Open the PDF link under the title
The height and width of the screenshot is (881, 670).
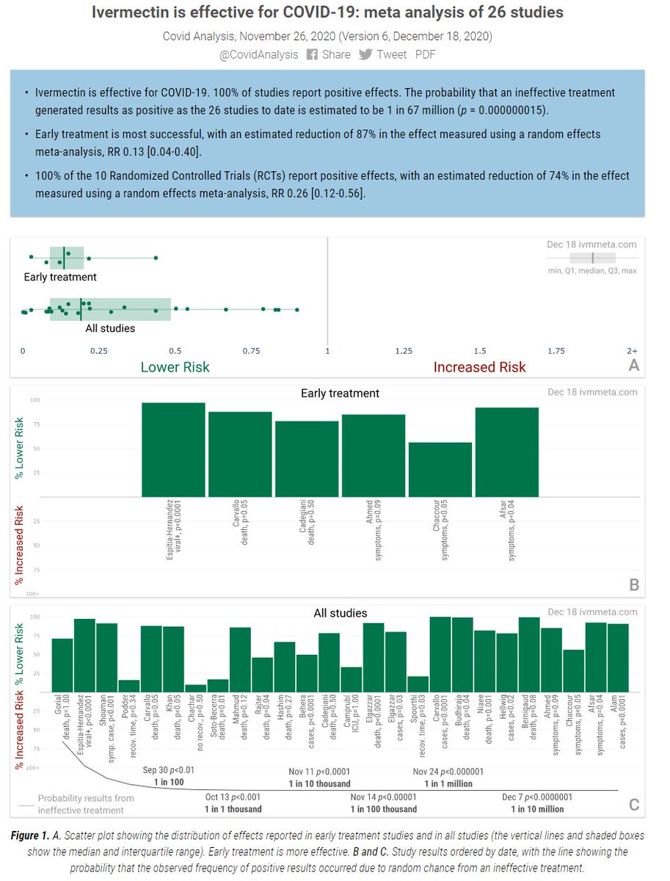pyautogui.click(x=426, y=54)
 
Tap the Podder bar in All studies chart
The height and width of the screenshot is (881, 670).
pyautogui.click(x=129, y=686)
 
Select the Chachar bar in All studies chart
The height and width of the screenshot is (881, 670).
pyautogui.click(x=195, y=688)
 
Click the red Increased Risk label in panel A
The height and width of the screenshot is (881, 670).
pyautogui.click(x=479, y=366)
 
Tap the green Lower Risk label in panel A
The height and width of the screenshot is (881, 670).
pyautogui.click(x=175, y=366)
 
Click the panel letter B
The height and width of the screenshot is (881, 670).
pyautogui.click(x=634, y=585)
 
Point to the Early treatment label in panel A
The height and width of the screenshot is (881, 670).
pyautogui.click(x=60, y=277)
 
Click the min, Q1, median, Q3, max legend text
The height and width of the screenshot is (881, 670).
pyautogui.click(x=591, y=271)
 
